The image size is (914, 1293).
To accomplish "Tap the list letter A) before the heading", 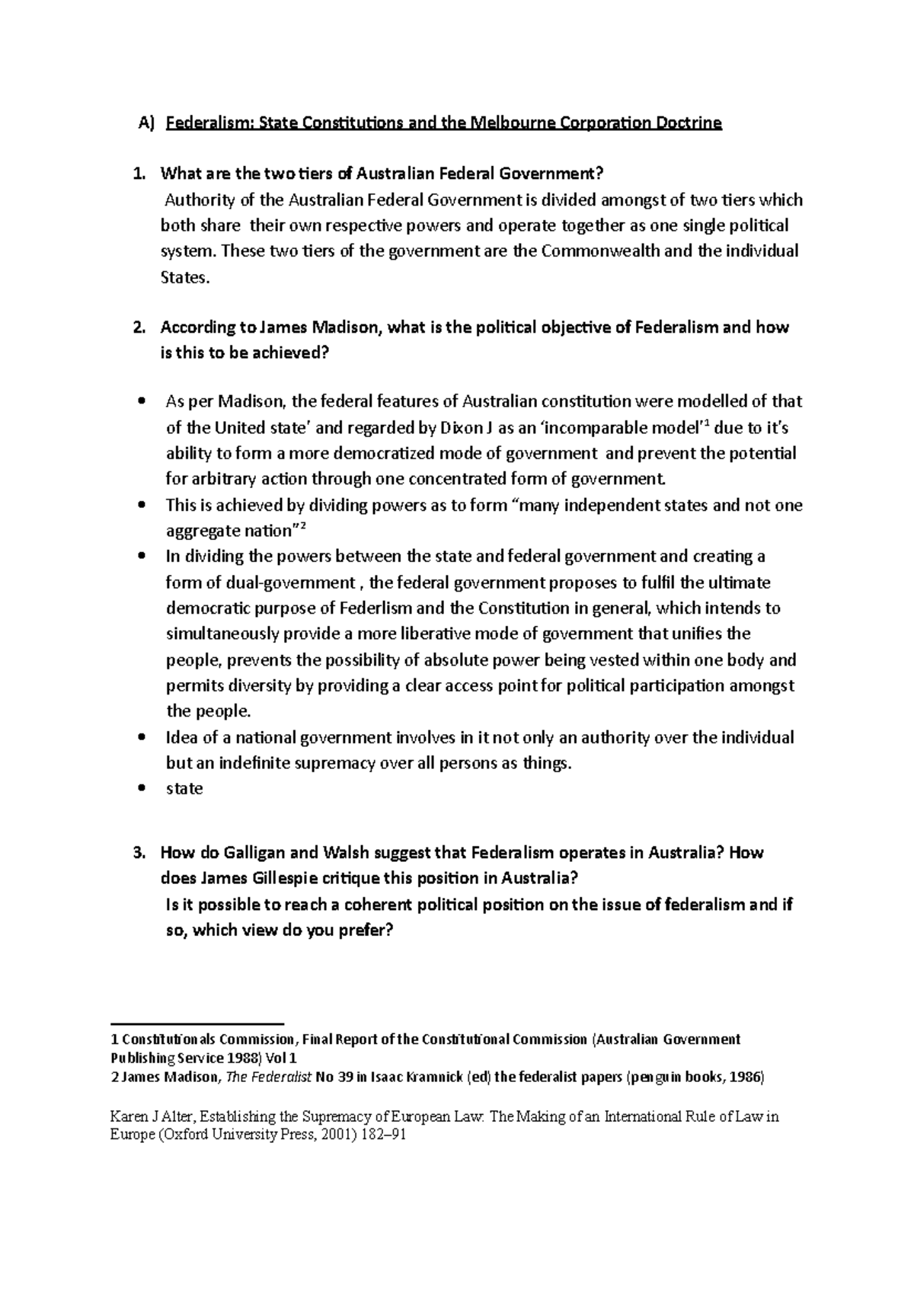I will (145, 123).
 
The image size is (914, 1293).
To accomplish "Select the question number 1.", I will (138, 174).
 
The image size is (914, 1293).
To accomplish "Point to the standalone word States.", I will (184, 277).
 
